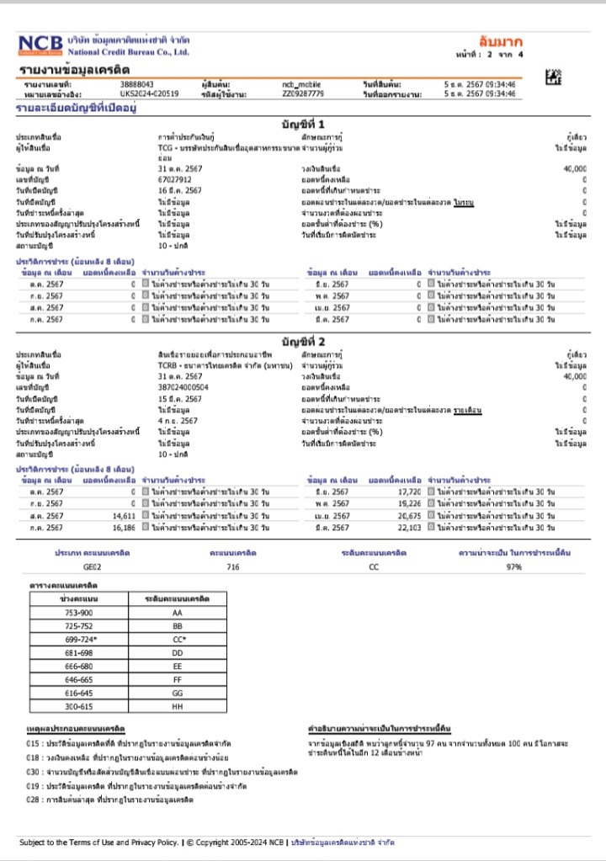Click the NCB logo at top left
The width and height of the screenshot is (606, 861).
pyautogui.click(x=40, y=45)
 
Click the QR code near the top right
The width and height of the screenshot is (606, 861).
pyautogui.click(x=553, y=77)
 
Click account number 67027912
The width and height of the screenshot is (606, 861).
pyautogui.click(x=175, y=179)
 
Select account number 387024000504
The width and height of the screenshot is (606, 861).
pyautogui.click(x=183, y=387)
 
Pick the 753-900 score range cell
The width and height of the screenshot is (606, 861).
pyautogui.click(x=81, y=613)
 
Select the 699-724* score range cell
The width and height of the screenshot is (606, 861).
pyautogui.click(x=81, y=639)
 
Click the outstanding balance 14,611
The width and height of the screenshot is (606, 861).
pyautogui.click(x=124, y=516)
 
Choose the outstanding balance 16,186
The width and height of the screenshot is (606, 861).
pyautogui.click(x=124, y=528)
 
